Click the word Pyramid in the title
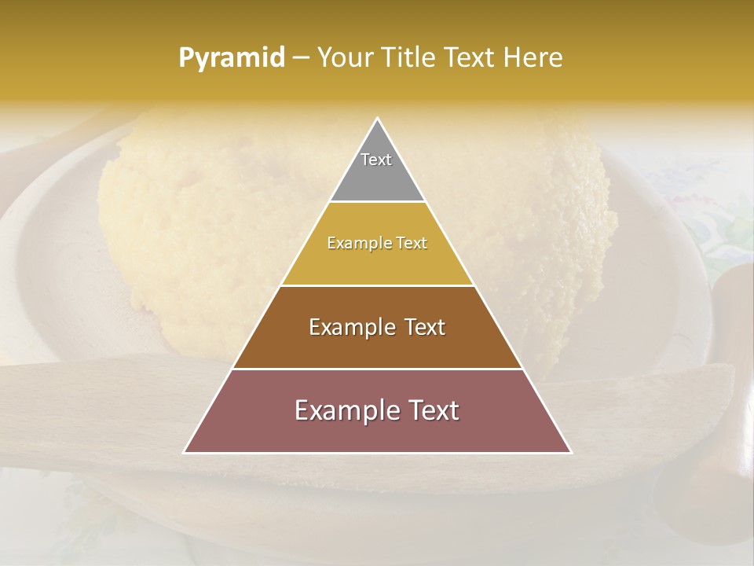(231, 58)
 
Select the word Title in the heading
(408, 57)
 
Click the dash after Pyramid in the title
(300, 58)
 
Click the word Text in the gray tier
(376, 160)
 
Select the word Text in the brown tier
(426, 327)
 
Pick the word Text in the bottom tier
(434, 410)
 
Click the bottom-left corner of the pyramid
(185, 452)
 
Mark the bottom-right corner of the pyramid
(570, 452)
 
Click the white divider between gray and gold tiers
(377, 202)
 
